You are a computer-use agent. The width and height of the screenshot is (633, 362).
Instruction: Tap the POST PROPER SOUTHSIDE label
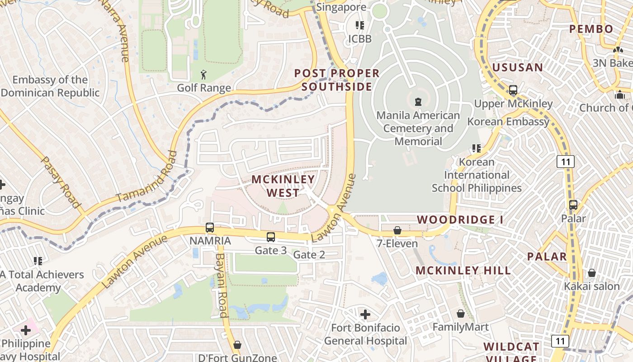click(x=337, y=80)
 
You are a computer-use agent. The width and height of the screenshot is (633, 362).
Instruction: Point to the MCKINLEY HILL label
click(x=463, y=271)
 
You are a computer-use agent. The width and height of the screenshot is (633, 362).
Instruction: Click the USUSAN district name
click(x=517, y=67)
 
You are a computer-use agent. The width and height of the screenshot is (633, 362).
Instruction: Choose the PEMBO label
click(x=591, y=29)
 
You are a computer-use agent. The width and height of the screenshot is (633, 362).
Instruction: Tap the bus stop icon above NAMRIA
click(x=210, y=228)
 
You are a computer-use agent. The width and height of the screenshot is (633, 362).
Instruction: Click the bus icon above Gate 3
click(x=271, y=237)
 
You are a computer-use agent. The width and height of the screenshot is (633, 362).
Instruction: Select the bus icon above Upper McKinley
click(x=513, y=90)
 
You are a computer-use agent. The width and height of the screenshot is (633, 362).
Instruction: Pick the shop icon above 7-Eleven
click(x=397, y=230)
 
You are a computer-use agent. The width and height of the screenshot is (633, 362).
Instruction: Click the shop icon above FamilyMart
click(x=461, y=314)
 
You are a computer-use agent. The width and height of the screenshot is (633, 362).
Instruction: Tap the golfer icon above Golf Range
click(x=203, y=74)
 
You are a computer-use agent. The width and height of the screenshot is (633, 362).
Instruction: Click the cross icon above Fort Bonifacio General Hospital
click(x=365, y=314)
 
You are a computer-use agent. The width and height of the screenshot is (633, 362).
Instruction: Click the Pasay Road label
click(x=60, y=182)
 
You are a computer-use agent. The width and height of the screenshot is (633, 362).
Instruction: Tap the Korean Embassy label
click(x=508, y=122)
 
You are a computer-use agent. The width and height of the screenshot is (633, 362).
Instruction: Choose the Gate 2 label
click(x=309, y=255)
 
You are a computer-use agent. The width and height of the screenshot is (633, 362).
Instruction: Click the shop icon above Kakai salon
click(x=591, y=273)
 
